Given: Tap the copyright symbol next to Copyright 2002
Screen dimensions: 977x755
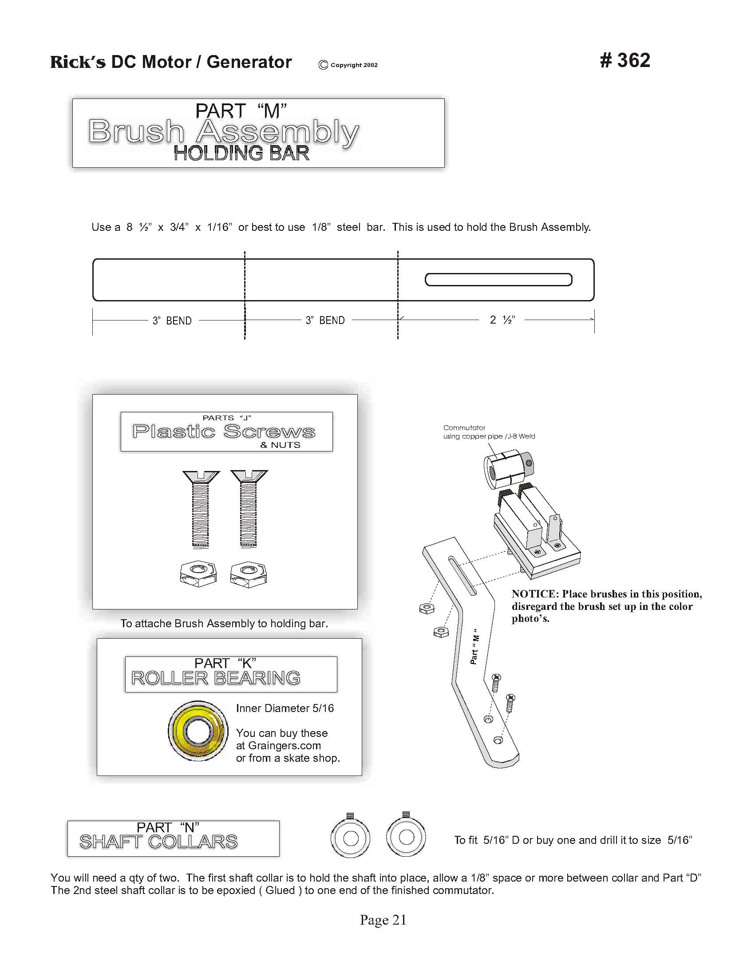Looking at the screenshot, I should coord(323,65).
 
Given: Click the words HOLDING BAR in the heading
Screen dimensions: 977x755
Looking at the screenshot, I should coord(241,154).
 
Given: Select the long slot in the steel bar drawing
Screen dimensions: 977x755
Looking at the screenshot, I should coord(498,280).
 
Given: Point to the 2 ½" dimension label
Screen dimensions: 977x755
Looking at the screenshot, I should coord(502,320).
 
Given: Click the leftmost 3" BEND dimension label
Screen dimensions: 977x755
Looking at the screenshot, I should coord(172,321).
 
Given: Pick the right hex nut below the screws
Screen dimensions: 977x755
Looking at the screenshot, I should coord(249,574).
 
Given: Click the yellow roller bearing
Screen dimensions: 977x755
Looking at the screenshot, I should coord(198,731).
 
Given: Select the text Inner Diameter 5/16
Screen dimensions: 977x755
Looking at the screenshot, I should coord(285,708).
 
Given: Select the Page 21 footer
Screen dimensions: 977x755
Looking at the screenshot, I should coord(383,920).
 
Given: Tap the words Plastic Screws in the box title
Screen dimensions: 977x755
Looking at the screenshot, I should coord(224,432).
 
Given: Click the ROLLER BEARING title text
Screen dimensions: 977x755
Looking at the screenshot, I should coord(216,678).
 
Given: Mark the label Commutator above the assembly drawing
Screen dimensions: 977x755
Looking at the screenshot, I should coord(464,427).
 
